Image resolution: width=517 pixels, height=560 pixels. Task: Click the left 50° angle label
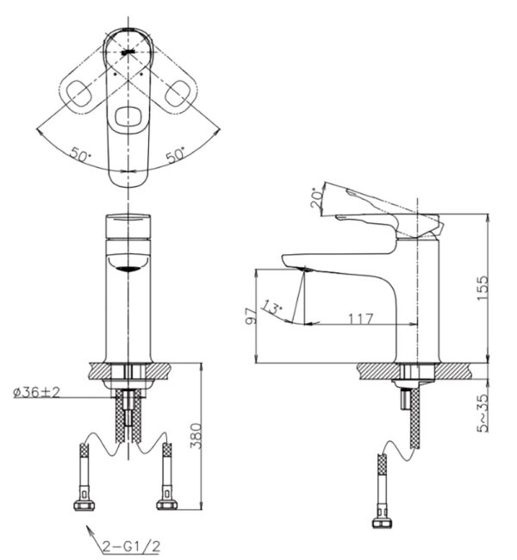coord(82,155)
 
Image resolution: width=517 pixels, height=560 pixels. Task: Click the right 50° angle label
coord(175,155)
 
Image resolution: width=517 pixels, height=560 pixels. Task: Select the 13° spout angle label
coord(275,308)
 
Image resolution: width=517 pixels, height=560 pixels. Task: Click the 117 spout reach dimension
coord(360,319)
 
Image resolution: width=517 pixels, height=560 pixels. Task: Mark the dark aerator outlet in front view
coord(128,268)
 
